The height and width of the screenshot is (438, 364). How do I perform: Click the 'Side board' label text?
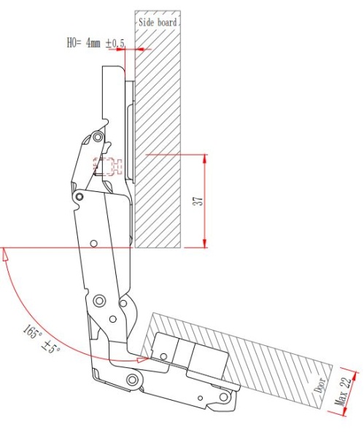click(158, 23)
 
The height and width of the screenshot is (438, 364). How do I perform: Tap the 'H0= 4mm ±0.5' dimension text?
click(96, 43)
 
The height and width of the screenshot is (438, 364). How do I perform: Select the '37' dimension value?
click(198, 200)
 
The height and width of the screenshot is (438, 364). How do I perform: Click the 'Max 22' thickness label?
click(343, 391)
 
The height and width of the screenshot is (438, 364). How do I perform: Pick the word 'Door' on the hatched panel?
click(320, 385)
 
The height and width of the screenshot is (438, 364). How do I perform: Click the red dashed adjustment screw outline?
click(108, 166)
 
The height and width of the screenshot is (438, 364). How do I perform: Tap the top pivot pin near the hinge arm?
click(98, 137)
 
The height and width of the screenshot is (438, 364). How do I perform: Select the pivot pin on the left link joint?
click(80, 196)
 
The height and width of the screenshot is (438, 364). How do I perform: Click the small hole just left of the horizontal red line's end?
click(94, 243)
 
